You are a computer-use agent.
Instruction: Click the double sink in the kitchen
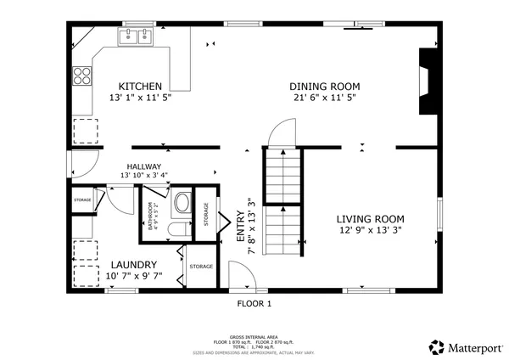137,37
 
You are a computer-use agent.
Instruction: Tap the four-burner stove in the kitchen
82,76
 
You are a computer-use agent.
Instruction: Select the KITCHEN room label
140,87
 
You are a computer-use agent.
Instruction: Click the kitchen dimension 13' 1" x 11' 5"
140,98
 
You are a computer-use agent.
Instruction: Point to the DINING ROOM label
325,87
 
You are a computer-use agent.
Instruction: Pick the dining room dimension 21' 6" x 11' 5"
325,98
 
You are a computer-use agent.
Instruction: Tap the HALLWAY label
144,166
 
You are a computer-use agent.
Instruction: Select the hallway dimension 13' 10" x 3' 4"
144,176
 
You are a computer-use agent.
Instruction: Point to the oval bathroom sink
181,204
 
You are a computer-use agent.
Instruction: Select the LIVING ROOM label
364,217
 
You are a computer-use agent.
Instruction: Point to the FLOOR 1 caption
254,303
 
